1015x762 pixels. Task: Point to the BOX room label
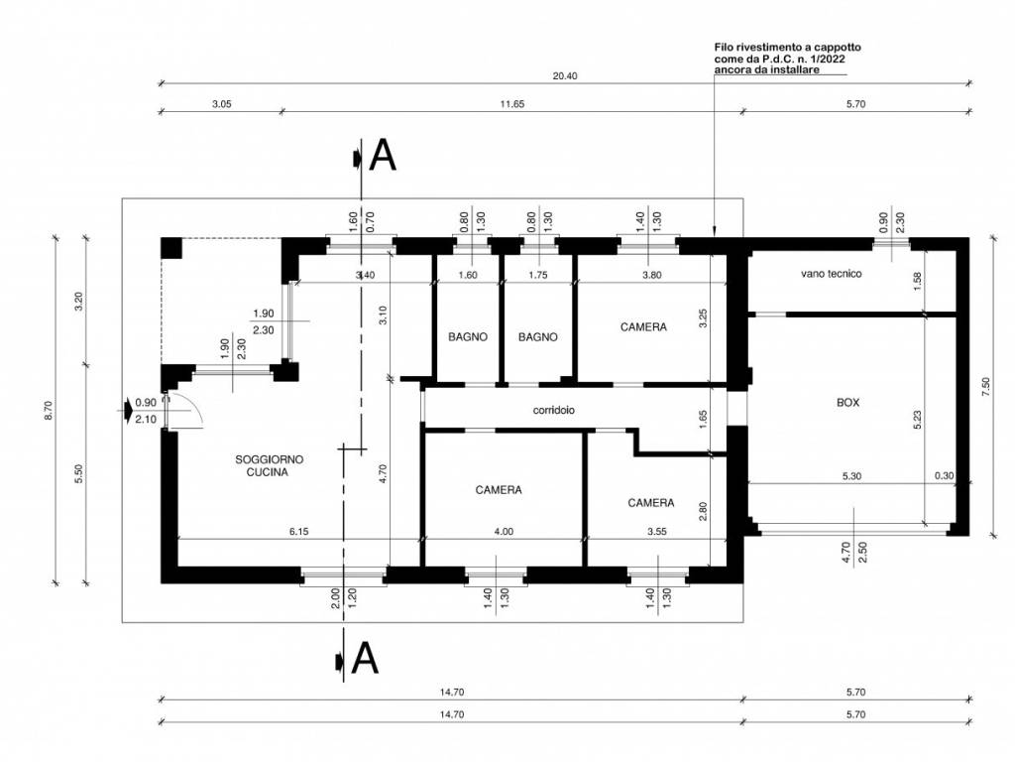tap(847, 403)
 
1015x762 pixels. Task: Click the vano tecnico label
tap(832, 273)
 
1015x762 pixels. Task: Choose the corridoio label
tap(554, 409)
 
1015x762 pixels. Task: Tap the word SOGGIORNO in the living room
tap(269, 459)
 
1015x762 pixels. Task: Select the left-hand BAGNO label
tap(467, 336)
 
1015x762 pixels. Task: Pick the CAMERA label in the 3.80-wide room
tap(643, 326)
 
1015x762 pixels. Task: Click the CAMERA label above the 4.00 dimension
tap(498, 489)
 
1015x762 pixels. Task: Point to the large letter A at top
tap(383, 157)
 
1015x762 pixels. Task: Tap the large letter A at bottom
tap(365, 658)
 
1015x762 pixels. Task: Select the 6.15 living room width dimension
tap(299, 532)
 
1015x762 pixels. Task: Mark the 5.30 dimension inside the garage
tap(850, 476)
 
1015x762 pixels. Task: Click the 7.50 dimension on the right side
tap(986, 387)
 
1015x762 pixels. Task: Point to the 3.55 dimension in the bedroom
tap(656, 532)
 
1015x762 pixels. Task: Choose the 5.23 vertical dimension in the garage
tap(919, 420)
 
